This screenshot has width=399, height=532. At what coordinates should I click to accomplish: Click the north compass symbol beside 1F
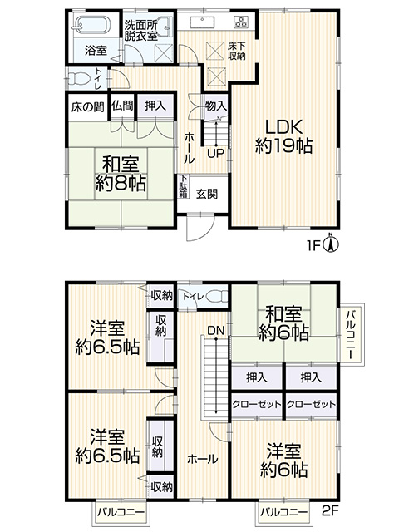point(332,244)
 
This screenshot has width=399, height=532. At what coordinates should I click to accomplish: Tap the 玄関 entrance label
point(207,194)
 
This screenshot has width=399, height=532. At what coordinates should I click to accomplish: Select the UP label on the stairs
point(216,154)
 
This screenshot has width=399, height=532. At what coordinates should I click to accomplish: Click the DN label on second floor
point(216,330)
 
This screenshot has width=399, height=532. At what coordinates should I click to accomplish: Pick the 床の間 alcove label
point(87,107)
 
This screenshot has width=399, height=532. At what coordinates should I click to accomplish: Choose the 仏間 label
point(122,106)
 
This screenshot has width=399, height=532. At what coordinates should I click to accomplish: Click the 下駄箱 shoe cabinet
point(184,186)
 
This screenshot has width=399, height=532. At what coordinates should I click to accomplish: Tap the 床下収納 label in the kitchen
point(236,52)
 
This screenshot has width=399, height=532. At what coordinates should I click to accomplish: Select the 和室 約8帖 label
point(121,174)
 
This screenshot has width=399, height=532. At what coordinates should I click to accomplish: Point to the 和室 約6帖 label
point(283,323)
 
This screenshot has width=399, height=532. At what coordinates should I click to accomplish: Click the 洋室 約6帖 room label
point(283,461)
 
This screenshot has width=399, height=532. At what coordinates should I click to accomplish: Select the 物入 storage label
point(216,106)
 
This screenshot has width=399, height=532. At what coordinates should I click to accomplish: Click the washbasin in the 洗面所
point(166,25)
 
